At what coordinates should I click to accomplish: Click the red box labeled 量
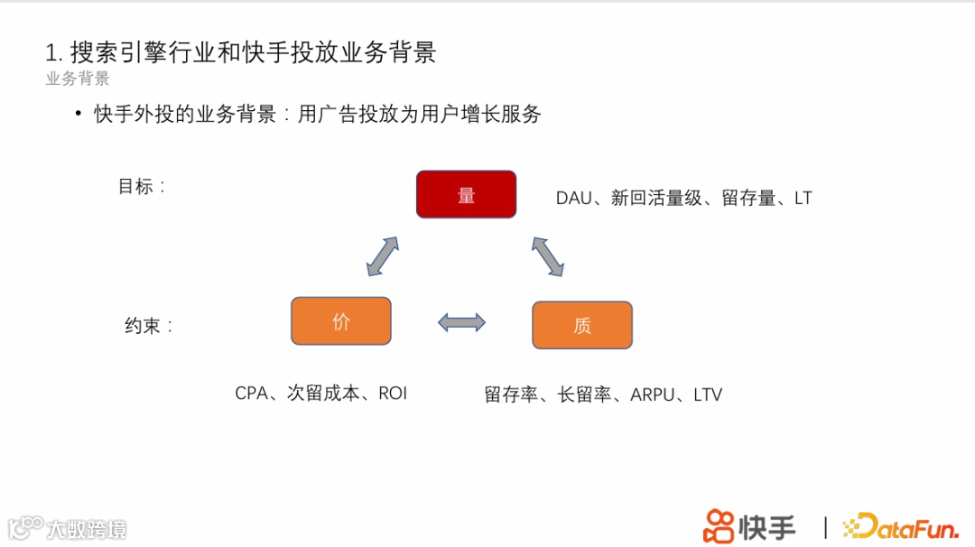(x=466, y=194)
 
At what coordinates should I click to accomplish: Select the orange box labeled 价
(x=340, y=321)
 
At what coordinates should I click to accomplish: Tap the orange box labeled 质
(x=582, y=325)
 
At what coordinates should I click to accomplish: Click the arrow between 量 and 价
(x=383, y=256)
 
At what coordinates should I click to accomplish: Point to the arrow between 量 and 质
(x=547, y=256)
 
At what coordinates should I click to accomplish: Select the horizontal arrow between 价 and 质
(x=461, y=322)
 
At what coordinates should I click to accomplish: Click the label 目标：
(x=142, y=187)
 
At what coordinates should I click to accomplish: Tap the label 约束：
(x=148, y=326)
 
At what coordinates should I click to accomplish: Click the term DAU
(x=573, y=198)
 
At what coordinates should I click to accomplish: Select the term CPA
(x=252, y=394)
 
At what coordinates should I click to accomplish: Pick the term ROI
(x=393, y=394)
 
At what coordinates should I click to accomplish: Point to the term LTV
(x=708, y=394)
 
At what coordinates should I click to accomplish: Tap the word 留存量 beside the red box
(x=748, y=198)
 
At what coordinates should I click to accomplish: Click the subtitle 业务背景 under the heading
(x=78, y=79)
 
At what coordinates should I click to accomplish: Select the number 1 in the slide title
(x=51, y=52)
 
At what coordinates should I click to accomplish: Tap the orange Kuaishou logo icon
(x=719, y=526)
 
